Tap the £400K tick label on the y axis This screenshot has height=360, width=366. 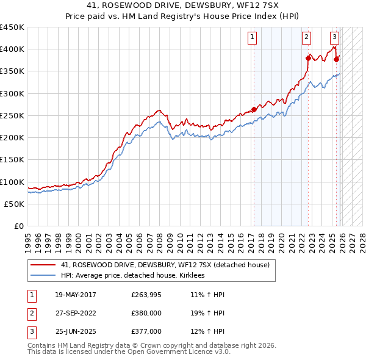pyautogui.click(x=12, y=49)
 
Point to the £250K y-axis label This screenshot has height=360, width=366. pyautogui.click(x=12, y=115)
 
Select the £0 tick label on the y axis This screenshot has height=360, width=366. pyautogui.click(x=19, y=226)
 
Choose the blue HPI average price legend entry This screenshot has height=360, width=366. pyautogui.click(x=132, y=276)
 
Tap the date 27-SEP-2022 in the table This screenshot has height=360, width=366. pyautogui.click(x=76, y=313)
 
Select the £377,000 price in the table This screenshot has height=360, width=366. pyautogui.click(x=146, y=331)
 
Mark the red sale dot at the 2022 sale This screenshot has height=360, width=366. pyautogui.click(x=307, y=58)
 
